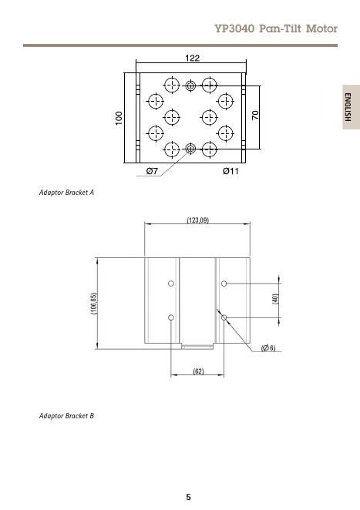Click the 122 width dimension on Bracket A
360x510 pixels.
[192, 59]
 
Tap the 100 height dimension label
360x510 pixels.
[119, 118]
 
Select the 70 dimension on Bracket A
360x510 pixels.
[255, 115]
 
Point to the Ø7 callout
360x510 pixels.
[152, 171]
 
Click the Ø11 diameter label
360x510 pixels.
[230, 171]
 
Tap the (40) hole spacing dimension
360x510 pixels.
[275, 299]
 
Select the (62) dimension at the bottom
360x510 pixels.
[198, 371]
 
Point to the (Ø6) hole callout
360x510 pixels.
[268, 347]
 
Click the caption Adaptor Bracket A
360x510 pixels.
[67, 193]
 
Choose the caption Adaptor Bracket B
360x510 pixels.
[67, 416]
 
